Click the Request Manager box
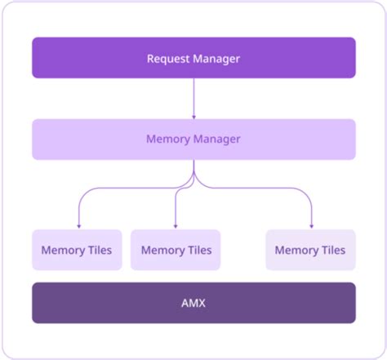[x=193, y=58]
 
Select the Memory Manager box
[x=193, y=139]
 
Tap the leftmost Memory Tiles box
[x=77, y=250]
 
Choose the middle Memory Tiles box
[x=176, y=250]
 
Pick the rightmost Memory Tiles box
[x=310, y=250]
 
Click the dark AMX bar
[x=193, y=302]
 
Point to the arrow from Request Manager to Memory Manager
[x=193, y=98]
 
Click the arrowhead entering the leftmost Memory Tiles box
[x=78, y=225]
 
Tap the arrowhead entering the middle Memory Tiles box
[x=176, y=225]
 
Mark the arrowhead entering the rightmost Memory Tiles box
[x=312, y=225]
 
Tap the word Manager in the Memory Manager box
[x=217, y=139]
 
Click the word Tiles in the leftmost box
[x=97, y=251]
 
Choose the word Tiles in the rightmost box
[x=331, y=251]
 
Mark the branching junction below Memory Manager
[x=193, y=181]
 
